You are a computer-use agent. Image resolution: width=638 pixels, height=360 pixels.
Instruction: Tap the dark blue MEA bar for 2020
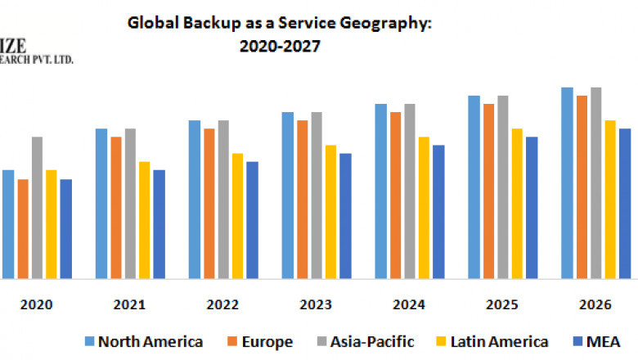pyautogui.click(x=65, y=228)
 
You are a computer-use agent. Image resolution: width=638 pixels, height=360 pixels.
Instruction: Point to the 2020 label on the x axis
pyautogui.click(x=36, y=304)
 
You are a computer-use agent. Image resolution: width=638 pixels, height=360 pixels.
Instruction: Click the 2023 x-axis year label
pyautogui.click(x=316, y=304)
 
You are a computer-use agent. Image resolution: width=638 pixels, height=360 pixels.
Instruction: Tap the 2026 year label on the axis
pyautogui.click(x=595, y=304)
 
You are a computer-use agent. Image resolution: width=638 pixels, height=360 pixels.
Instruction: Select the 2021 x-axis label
pyautogui.click(x=129, y=304)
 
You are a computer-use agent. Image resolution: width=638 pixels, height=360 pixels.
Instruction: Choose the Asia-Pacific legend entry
pyautogui.click(x=368, y=341)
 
